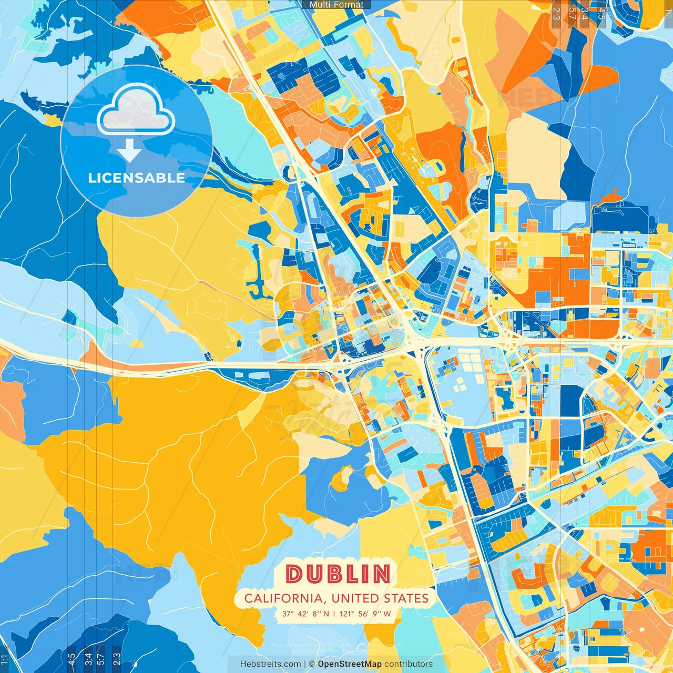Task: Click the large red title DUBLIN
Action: (338, 574)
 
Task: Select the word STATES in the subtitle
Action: (405, 598)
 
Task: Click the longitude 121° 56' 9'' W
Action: (365, 614)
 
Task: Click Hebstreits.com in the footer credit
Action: (270, 664)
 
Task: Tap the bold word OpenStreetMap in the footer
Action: (349, 664)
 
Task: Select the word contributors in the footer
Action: (409, 664)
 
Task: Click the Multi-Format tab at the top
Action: (336, 5)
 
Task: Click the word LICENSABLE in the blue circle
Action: (136, 178)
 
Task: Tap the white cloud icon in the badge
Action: (136, 110)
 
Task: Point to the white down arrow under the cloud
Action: (129, 151)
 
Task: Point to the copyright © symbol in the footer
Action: (311, 664)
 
